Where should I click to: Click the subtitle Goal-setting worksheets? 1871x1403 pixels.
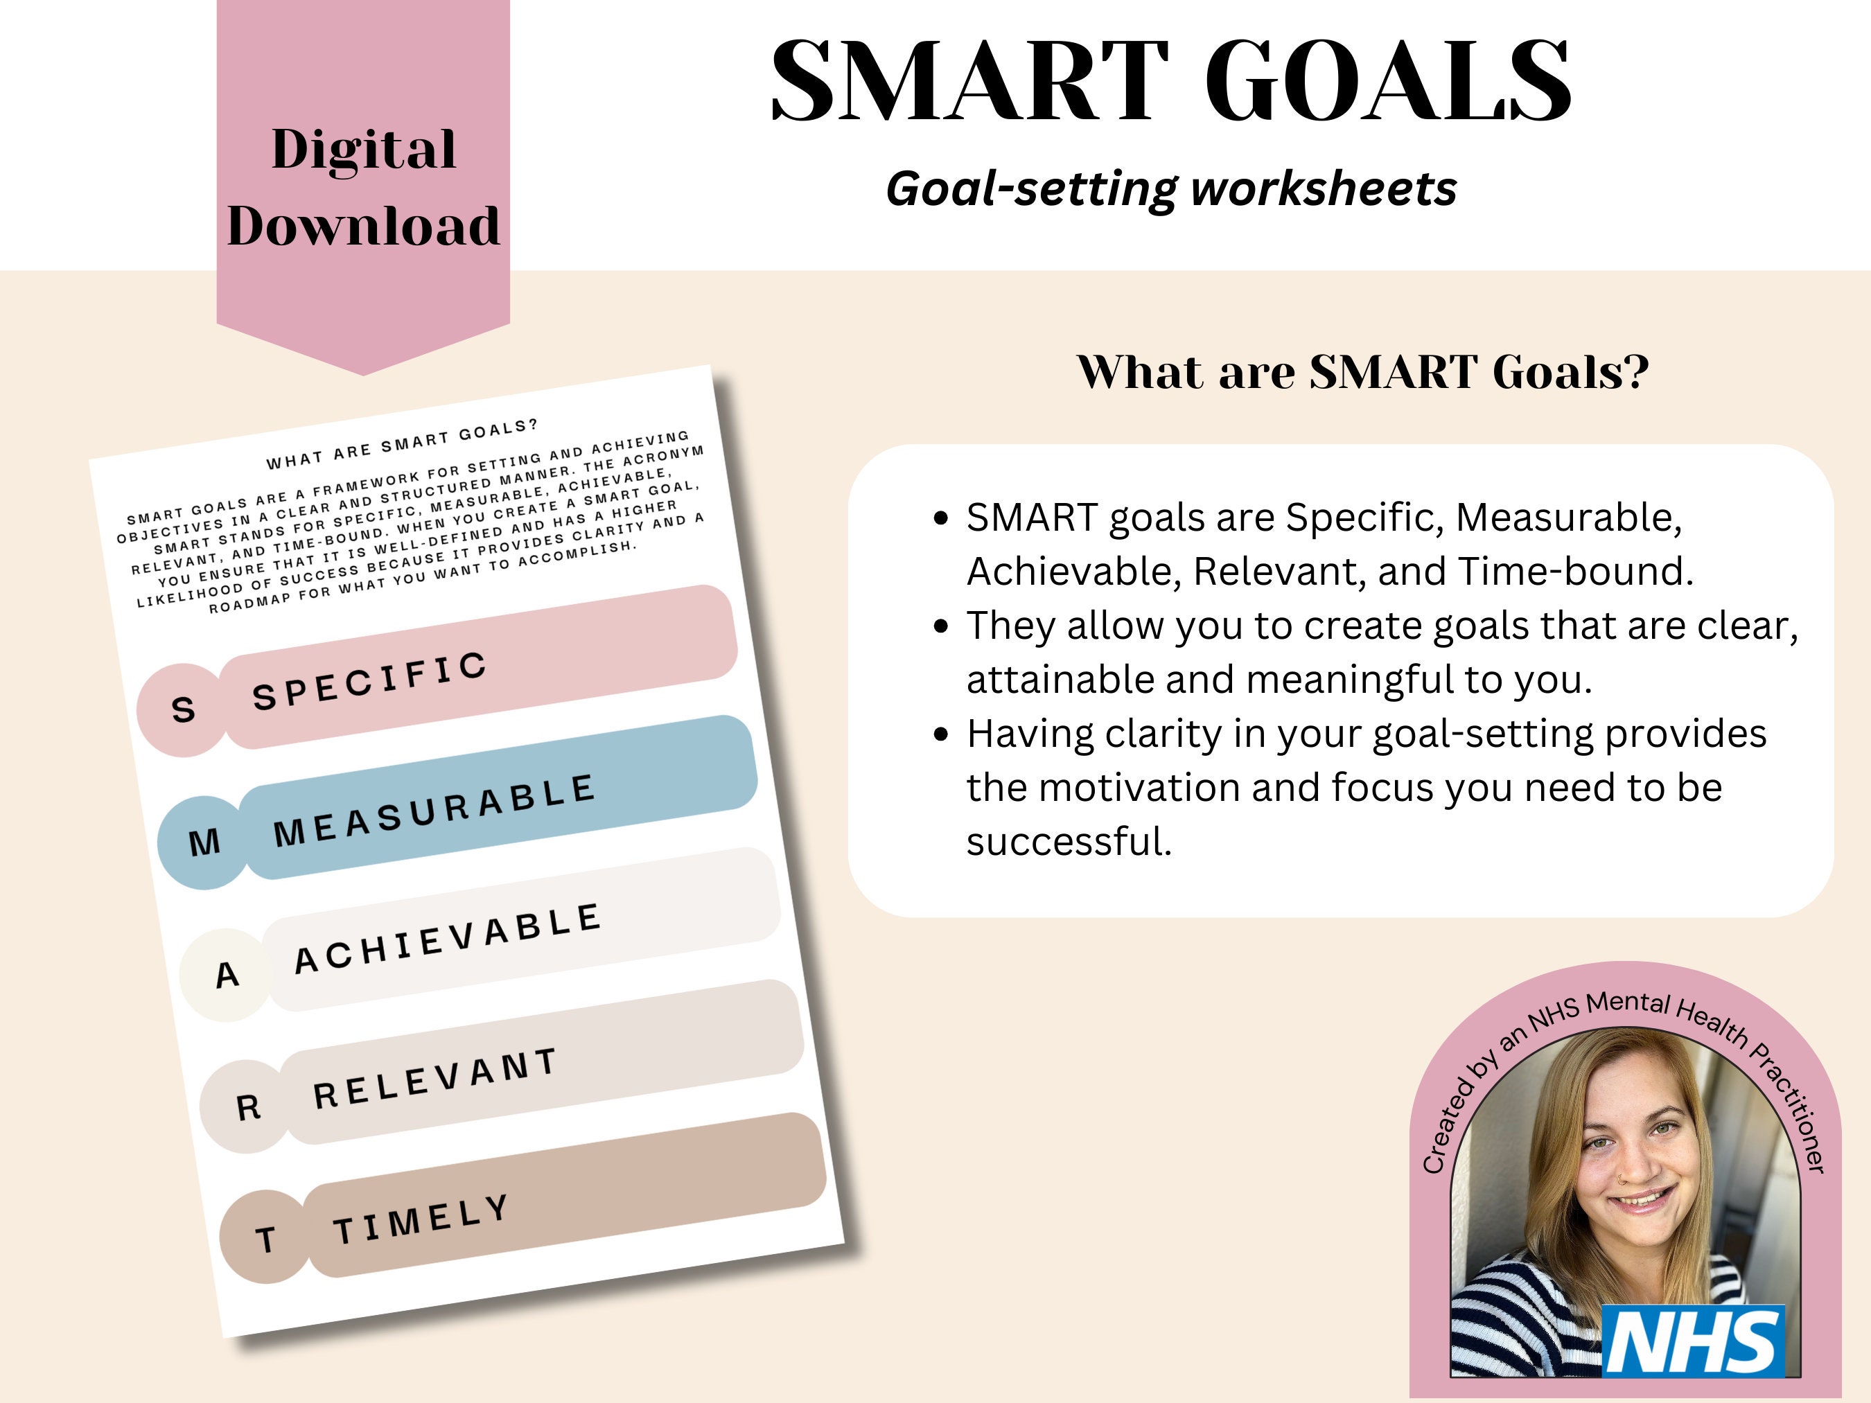pos(1170,188)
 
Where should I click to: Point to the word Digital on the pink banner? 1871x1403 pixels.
pos(364,150)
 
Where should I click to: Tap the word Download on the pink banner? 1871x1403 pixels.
pos(364,226)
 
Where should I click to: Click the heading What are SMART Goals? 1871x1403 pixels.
pos(1362,371)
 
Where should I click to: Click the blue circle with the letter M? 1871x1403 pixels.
pos(204,842)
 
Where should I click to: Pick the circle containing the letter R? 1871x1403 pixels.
pos(247,1106)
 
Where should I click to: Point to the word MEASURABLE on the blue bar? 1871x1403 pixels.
pos(434,810)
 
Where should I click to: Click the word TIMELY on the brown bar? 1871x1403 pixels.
pos(421,1219)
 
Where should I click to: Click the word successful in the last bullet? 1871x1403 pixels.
pos(1069,842)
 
